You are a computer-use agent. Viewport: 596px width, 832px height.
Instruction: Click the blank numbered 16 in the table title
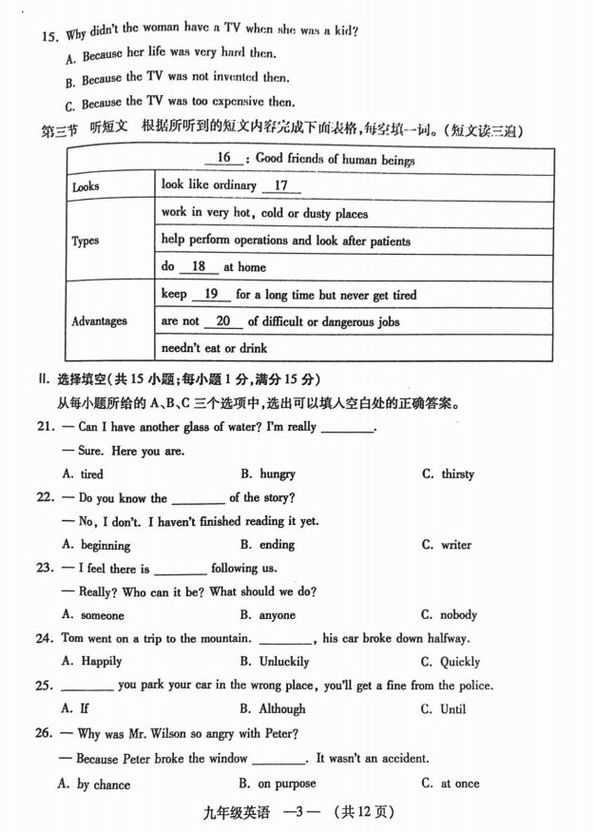tap(224, 158)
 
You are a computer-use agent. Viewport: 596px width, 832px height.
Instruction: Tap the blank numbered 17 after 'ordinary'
tap(280, 185)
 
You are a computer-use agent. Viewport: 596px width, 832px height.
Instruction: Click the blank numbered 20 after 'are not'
tap(223, 321)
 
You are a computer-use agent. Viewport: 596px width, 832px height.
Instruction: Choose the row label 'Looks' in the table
tap(86, 186)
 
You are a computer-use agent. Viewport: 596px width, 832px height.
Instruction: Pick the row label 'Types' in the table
tap(86, 241)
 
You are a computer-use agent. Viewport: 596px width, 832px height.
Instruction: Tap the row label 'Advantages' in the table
tap(99, 321)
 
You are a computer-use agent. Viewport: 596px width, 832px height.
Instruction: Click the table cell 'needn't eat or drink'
tap(214, 348)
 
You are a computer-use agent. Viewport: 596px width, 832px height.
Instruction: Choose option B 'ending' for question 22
tap(276, 545)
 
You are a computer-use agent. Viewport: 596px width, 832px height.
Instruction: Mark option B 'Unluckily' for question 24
tap(281, 661)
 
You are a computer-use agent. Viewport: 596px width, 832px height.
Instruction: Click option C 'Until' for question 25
tap(452, 708)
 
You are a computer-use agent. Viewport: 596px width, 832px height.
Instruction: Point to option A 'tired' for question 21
tap(91, 474)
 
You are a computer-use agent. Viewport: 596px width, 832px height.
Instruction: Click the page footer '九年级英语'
tap(237, 813)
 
